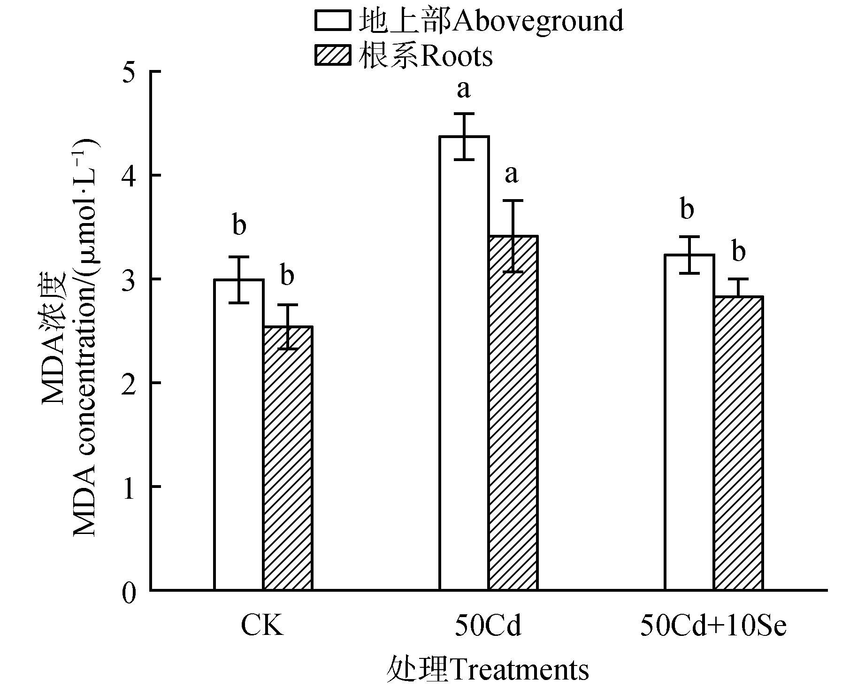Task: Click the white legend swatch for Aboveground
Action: click(x=332, y=21)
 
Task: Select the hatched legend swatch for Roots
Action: click(x=332, y=55)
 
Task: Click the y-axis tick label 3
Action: click(x=130, y=279)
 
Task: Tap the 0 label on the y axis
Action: click(x=130, y=593)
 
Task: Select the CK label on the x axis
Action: click(x=262, y=626)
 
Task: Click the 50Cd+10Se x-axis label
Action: click(x=713, y=626)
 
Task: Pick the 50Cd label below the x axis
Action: click(x=488, y=626)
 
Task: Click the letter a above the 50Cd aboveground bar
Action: click(x=464, y=89)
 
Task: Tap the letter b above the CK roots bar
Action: click(x=287, y=275)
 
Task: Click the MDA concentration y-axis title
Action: click(x=70, y=338)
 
